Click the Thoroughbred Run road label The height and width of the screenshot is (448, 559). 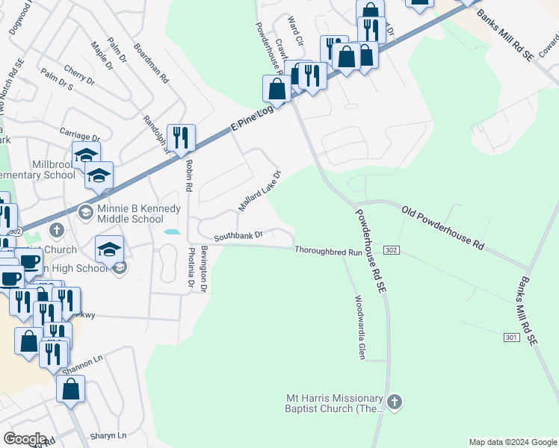click(x=328, y=252)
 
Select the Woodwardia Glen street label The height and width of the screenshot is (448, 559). click(x=359, y=327)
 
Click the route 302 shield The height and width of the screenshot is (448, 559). click(x=393, y=249)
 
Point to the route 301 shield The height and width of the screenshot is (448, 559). click(x=511, y=337)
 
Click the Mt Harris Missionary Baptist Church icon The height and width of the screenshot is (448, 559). click(x=395, y=403)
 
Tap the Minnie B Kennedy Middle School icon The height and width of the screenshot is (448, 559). click(x=85, y=212)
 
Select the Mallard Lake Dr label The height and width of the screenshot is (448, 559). click(x=259, y=190)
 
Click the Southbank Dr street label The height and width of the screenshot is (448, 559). click(x=238, y=235)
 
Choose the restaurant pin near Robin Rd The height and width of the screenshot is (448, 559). click(x=181, y=137)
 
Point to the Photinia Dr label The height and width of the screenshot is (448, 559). click(x=191, y=268)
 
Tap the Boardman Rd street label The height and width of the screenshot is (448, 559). click(x=152, y=63)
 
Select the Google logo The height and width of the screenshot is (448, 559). click(x=25, y=439)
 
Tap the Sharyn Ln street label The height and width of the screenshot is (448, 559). click(x=108, y=435)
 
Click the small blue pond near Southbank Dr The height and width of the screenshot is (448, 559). click(x=171, y=232)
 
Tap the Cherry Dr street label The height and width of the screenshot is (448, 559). click(x=79, y=75)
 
